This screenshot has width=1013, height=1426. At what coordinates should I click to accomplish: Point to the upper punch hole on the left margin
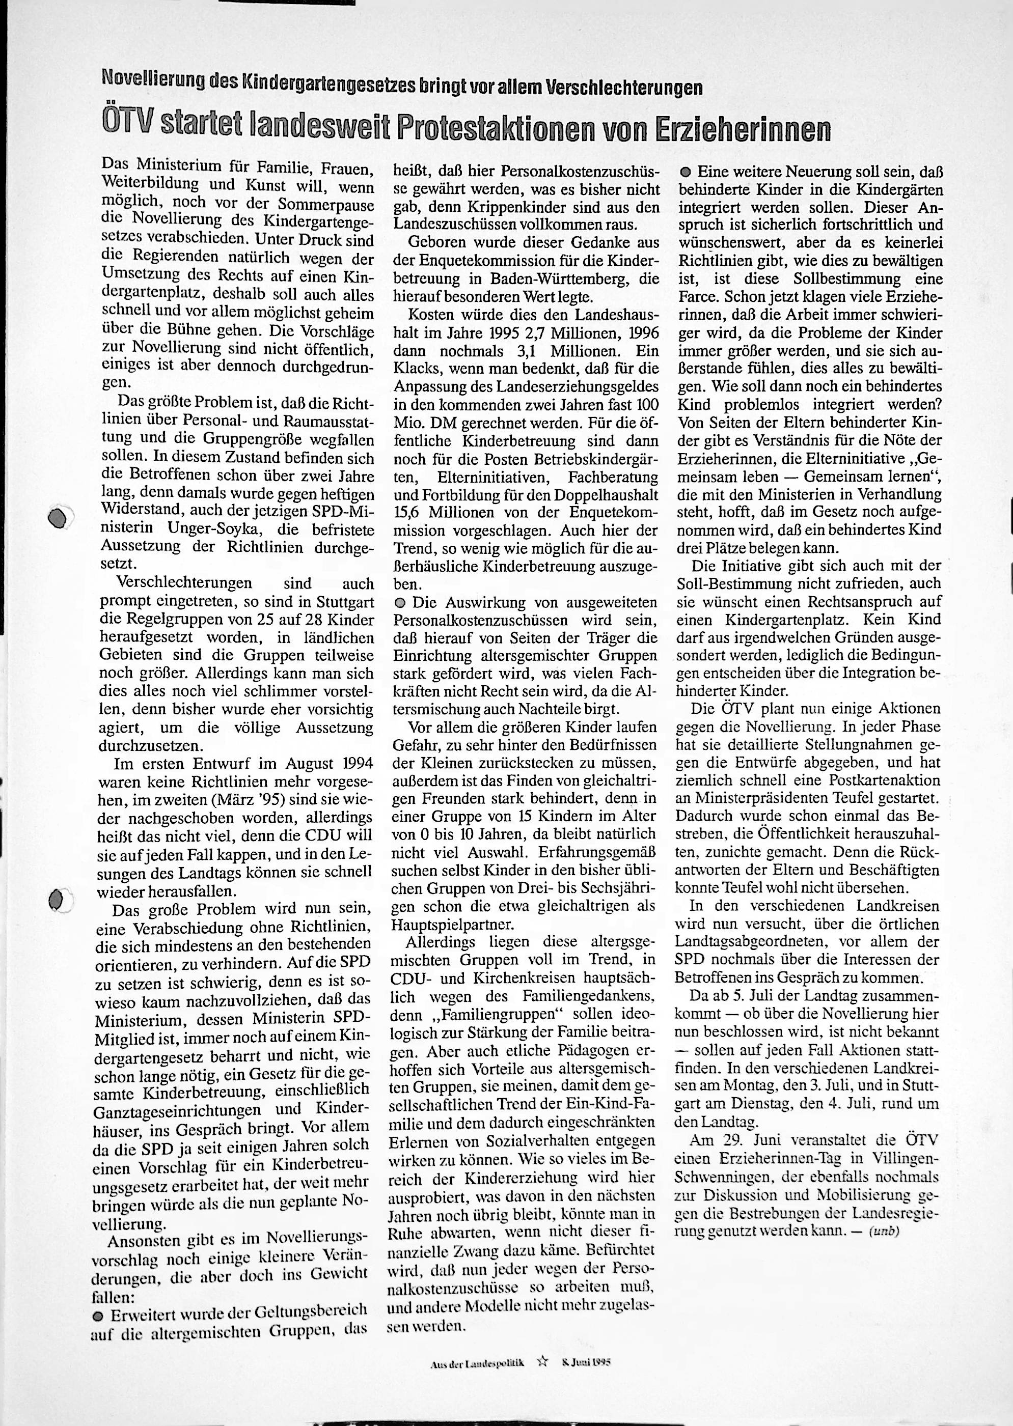pos(58,519)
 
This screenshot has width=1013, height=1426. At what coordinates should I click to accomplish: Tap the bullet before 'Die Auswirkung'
pos(400,603)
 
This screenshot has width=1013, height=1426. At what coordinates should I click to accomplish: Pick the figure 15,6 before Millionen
pos(408,513)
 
